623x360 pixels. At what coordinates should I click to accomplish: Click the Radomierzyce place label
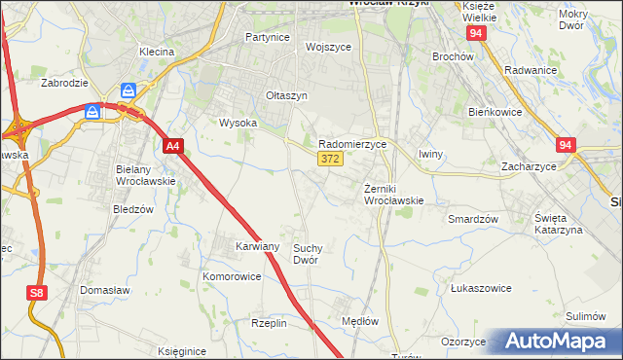(352, 143)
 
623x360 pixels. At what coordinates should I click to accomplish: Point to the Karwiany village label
(258, 247)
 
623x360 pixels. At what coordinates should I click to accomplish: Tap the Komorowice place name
(232, 276)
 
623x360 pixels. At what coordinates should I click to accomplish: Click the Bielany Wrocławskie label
(145, 175)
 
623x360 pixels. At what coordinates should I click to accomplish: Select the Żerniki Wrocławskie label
(393, 194)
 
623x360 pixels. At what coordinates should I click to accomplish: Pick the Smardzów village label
(473, 219)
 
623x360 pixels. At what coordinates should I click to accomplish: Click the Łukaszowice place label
(481, 289)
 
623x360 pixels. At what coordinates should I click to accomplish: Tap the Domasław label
(106, 291)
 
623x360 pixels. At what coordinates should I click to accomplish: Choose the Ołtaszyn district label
(287, 95)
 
